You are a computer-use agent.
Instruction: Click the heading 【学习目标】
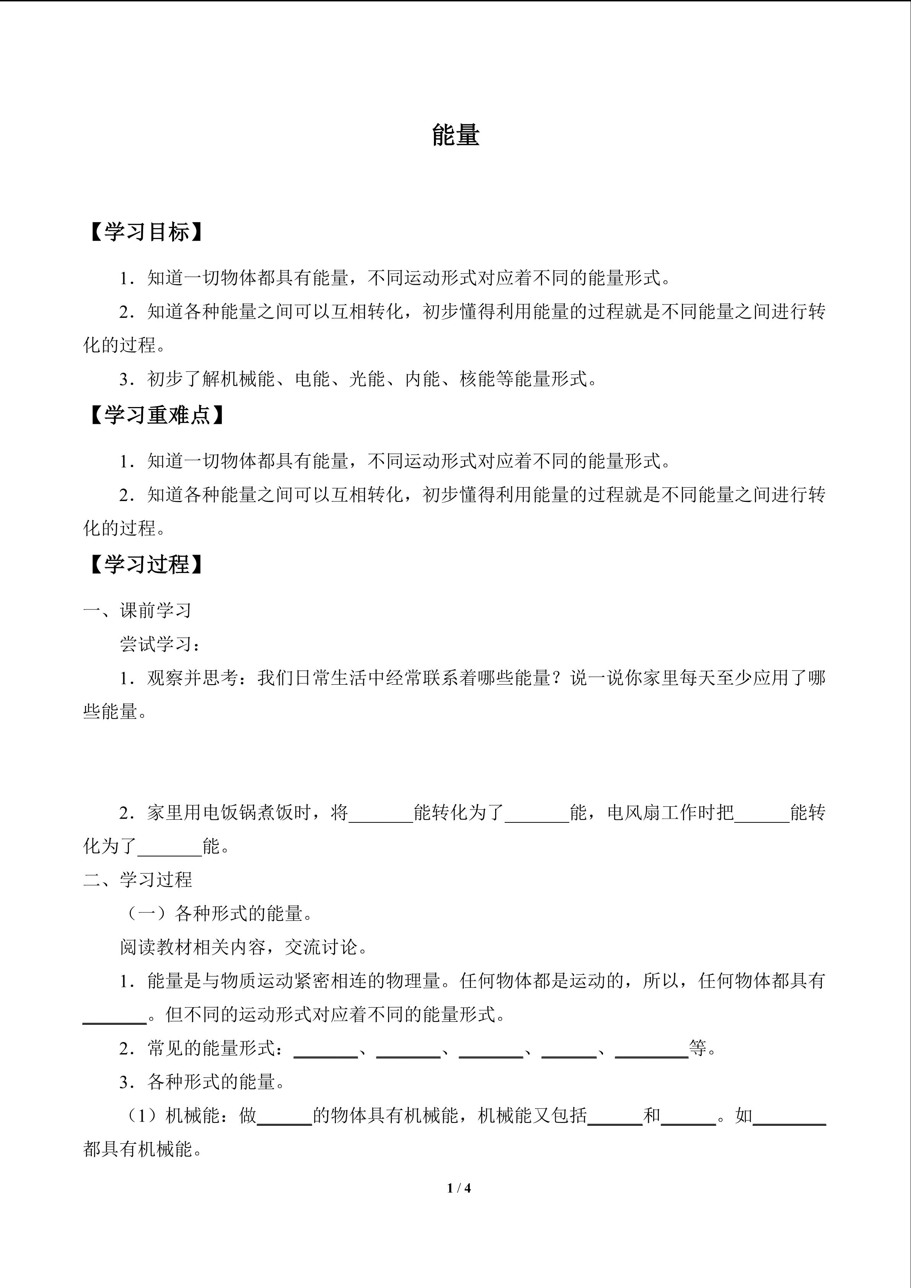(x=146, y=232)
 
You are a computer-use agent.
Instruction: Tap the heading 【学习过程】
(x=146, y=564)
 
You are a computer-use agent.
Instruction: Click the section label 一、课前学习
(x=137, y=611)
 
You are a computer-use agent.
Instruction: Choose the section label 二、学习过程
(x=137, y=879)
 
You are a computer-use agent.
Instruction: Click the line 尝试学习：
(x=160, y=644)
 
